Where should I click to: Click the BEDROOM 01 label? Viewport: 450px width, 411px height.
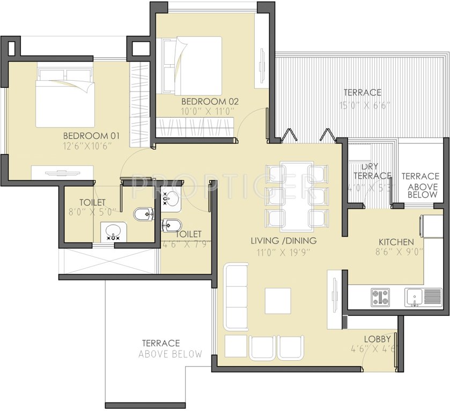point(91,135)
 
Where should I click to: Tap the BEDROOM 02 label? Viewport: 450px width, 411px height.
point(209,101)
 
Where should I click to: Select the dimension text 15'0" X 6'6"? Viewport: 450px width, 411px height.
point(363,105)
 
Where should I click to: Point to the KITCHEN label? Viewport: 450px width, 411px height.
point(396,241)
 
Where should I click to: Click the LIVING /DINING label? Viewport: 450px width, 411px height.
point(283,240)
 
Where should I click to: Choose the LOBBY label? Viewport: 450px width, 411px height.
point(377,339)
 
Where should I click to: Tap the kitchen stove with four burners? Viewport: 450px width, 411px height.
point(380,297)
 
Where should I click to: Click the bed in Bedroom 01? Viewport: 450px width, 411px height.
point(65,96)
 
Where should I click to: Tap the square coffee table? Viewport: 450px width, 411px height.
point(277,301)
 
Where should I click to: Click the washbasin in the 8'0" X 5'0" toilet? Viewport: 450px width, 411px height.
point(113,232)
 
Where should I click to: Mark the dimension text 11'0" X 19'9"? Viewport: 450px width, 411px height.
point(283,252)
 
